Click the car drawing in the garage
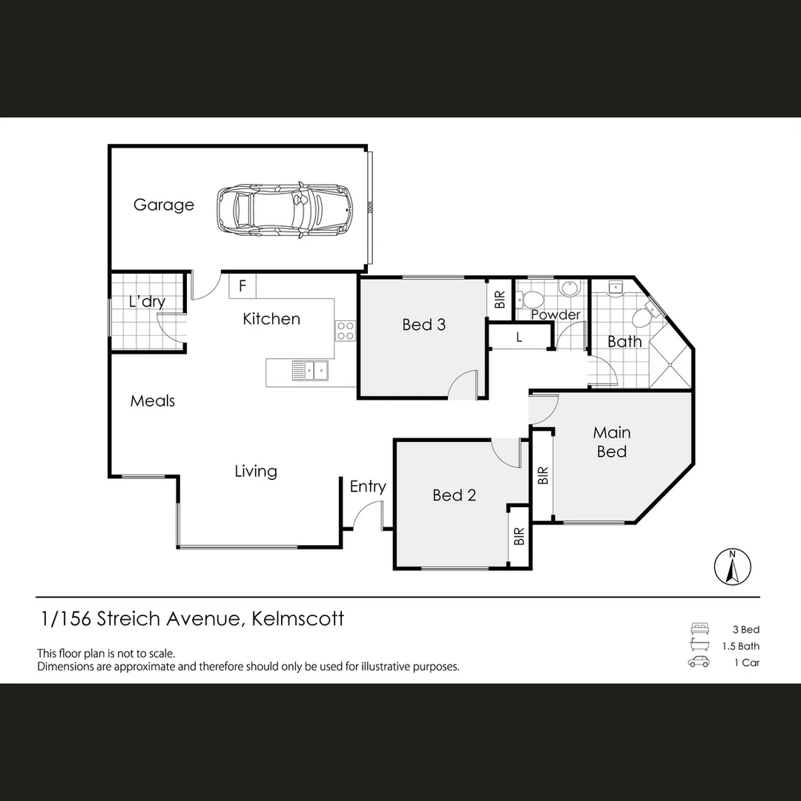click(285, 210)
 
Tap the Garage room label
click(164, 205)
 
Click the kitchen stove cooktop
click(346, 330)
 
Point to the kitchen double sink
click(310, 369)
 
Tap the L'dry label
click(147, 302)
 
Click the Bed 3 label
click(423, 324)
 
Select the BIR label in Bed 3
click(499, 299)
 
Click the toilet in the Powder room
click(531, 300)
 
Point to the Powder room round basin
click(570, 289)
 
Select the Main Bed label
click(612, 441)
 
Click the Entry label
click(368, 487)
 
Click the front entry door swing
click(367, 516)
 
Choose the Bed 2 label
click(454, 495)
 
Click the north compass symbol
click(732, 567)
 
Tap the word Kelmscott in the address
click(298, 619)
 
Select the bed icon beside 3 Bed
click(699, 629)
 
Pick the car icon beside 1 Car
click(699, 662)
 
